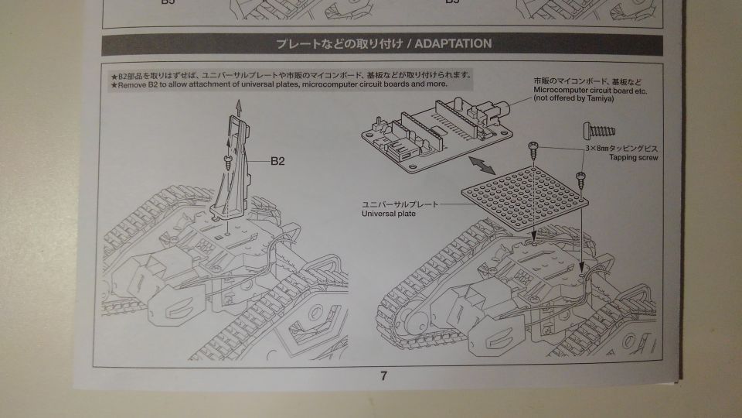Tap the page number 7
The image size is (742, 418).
point(383,377)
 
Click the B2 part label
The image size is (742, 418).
point(279,162)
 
